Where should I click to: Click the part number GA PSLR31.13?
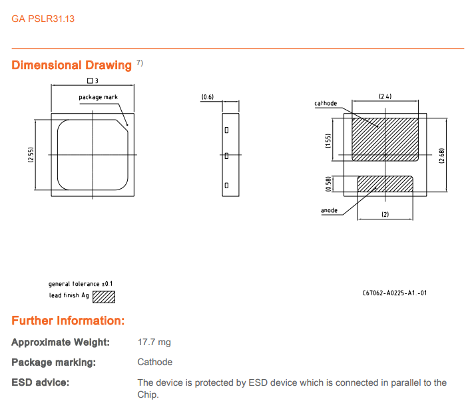coord(43,19)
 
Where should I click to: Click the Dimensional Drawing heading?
coord(72,65)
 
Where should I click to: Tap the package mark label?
coord(98,97)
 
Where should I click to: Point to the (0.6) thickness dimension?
coord(208,97)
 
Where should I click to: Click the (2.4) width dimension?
coord(385,96)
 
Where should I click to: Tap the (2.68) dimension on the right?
coord(441,157)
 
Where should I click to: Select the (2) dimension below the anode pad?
coord(385,214)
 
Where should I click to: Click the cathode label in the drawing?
coord(326,104)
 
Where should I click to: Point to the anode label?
coord(329,211)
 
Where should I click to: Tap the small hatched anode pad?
coord(385,184)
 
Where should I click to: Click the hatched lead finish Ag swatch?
coord(103,296)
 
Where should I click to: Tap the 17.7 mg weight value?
coord(154,342)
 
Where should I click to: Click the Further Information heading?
coord(68,321)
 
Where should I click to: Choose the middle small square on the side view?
coord(226,156)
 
